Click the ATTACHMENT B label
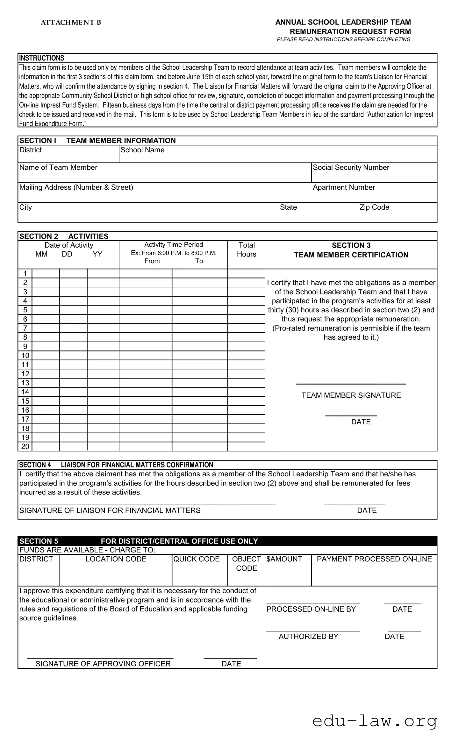(x=71, y=22)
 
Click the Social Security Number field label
(x=351, y=167)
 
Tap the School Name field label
(x=142, y=150)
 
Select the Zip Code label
(x=374, y=207)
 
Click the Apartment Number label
(x=344, y=187)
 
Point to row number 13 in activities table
(x=25, y=383)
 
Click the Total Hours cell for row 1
(x=246, y=273)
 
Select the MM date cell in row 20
(x=46, y=446)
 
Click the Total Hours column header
(x=247, y=249)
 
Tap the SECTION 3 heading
(x=351, y=245)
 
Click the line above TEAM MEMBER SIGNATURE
(x=351, y=384)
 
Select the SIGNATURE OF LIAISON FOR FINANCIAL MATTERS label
(x=110, y=510)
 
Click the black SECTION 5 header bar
(x=227, y=541)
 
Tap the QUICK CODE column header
(x=197, y=559)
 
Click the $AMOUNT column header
(x=284, y=559)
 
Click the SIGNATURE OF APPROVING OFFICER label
(x=103, y=664)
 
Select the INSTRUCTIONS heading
(x=42, y=58)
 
